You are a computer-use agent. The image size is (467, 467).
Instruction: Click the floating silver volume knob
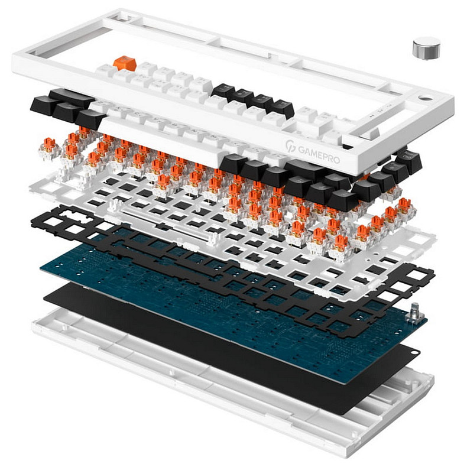426,47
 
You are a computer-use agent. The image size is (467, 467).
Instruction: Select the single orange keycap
125,63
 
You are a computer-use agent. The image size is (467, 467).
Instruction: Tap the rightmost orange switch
405,207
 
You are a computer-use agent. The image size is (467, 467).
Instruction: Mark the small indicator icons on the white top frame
381,110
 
